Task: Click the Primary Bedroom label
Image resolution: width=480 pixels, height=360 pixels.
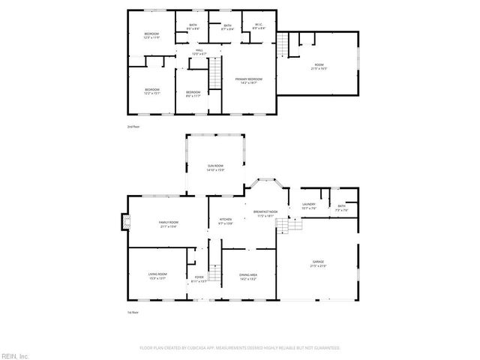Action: [x=249, y=79]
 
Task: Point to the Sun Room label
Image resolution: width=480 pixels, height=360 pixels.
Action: [x=215, y=167]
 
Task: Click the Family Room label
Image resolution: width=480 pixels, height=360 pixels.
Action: [x=168, y=224]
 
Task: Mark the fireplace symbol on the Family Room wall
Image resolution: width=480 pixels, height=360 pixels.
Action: [x=124, y=222]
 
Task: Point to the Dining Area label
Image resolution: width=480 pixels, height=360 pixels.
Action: [x=247, y=277]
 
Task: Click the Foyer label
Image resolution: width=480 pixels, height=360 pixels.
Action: [x=199, y=280]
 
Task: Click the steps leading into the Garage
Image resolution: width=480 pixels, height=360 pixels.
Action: [x=289, y=226]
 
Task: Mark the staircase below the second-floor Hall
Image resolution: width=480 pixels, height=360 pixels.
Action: [x=214, y=76]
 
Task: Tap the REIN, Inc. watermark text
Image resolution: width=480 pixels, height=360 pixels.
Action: [x=14, y=355]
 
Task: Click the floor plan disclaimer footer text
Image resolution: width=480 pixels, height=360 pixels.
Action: [x=239, y=348]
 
